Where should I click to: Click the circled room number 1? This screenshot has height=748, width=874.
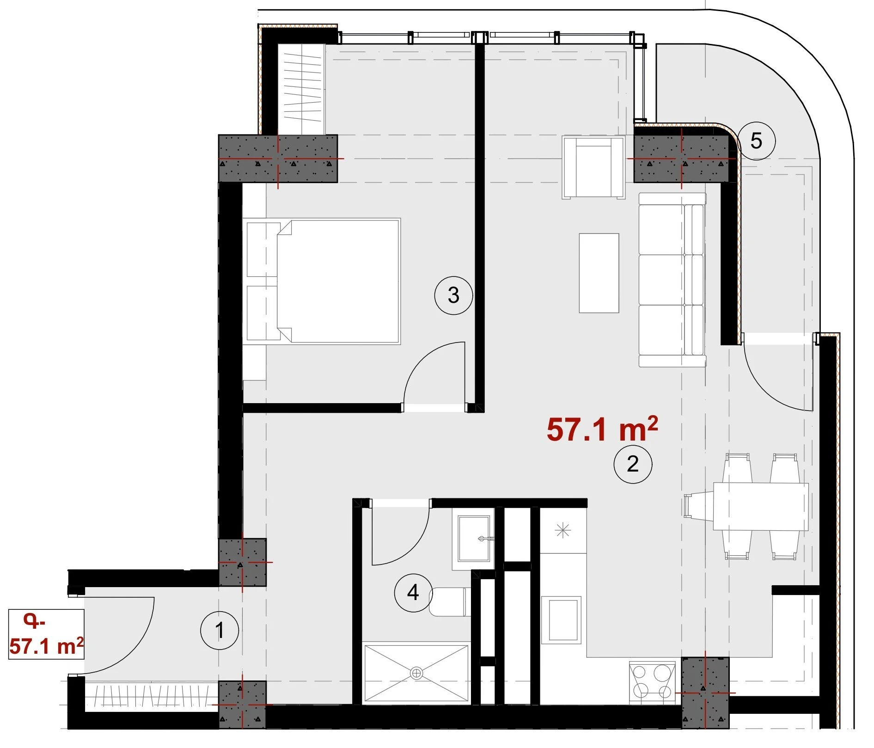pyautogui.click(x=220, y=630)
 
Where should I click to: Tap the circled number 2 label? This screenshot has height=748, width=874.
pyautogui.click(x=633, y=464)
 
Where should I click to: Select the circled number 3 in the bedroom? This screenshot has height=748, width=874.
pyautogui.click(x=453, y=295)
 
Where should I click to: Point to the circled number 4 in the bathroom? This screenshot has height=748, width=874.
pyautogui.click(x=413, y=593)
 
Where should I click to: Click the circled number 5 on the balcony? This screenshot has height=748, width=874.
pyautogui.click(x=756, y=141)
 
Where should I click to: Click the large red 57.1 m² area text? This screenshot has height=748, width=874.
pyautogui.click(x=602, y=429)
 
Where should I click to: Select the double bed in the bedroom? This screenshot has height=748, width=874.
pyautogui.click(x=322, y=282)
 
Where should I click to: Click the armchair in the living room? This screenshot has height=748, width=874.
pyautogui.click(x=593, y=167)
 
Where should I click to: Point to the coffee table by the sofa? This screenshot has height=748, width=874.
pyautogui.click(x=599, y=273)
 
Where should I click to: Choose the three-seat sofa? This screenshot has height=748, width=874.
pyautogui.click(x=672, y=280)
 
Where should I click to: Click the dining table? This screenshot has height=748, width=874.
pyautogui.click(x=761, y=506)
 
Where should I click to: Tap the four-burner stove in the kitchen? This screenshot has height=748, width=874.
pyautogui.click(x=652, y=682)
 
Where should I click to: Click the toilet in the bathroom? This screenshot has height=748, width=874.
pyautogui.click(x=450, y=602)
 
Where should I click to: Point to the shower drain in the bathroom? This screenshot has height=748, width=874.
pyautogui.click(x=416, y=674)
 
